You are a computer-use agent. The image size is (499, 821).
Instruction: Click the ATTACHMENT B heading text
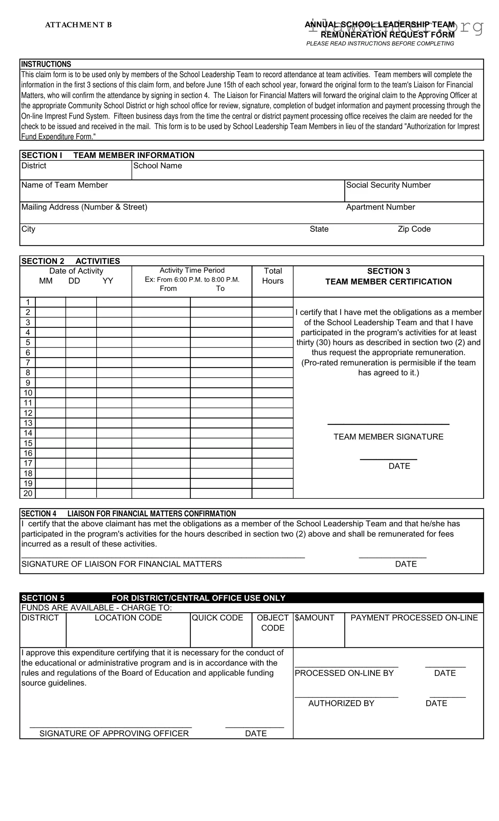(78, 25)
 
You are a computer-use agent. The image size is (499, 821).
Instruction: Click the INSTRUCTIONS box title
(46, 64)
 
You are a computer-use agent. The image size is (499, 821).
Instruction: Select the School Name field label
(157, 166)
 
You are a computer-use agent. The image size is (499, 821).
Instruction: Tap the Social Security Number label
(388, 185)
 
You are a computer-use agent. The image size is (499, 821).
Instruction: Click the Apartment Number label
(380, 207)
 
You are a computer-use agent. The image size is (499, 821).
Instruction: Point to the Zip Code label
(414, 229)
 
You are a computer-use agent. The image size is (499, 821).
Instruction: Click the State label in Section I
(319, 229)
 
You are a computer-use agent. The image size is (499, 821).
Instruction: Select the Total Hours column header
(272, 276)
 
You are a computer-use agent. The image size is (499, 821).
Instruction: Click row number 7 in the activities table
(28, 362)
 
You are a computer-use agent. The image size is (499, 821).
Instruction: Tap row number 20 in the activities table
(28, 494)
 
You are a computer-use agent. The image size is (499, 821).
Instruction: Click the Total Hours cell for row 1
(272, 302)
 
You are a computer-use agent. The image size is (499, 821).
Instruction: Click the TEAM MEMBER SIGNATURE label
(388, 437)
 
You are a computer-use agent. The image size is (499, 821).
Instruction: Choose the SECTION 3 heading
(388, 271)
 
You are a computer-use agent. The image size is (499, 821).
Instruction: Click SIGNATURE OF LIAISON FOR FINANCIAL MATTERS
(121, 564)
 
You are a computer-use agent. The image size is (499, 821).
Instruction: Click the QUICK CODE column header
(217, 618)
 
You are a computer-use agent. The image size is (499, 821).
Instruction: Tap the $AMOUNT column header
(314, 618)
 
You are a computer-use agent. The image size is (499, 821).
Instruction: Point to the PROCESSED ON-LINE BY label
(344, 673)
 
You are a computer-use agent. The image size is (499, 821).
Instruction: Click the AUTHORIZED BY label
(341, 703)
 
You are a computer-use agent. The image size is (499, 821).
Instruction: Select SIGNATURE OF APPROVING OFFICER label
(114, 733)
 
